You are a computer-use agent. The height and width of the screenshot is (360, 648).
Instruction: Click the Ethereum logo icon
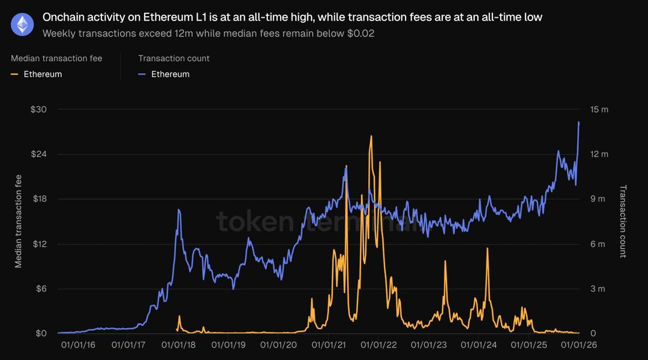(23, 25)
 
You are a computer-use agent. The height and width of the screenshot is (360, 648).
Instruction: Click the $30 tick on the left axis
(38, 110)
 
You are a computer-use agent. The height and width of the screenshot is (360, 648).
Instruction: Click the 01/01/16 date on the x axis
(78, 344)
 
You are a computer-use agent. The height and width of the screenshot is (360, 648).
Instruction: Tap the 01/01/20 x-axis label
(278, 344)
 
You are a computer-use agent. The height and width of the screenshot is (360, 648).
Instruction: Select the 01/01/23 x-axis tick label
(428, 344)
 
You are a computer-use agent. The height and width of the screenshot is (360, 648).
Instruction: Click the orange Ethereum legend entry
(43, 74)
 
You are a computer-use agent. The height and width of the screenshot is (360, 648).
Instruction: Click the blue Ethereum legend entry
(170, 74)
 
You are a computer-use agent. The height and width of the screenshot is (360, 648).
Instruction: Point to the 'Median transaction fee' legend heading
(56, 58)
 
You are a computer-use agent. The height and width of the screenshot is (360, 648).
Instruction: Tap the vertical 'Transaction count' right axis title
(623, 221)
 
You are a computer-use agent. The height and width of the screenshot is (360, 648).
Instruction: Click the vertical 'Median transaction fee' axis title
(18, 221)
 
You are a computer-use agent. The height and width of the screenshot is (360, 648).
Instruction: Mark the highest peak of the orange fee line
(371, 136)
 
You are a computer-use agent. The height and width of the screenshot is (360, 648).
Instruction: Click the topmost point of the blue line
(579, 122)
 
